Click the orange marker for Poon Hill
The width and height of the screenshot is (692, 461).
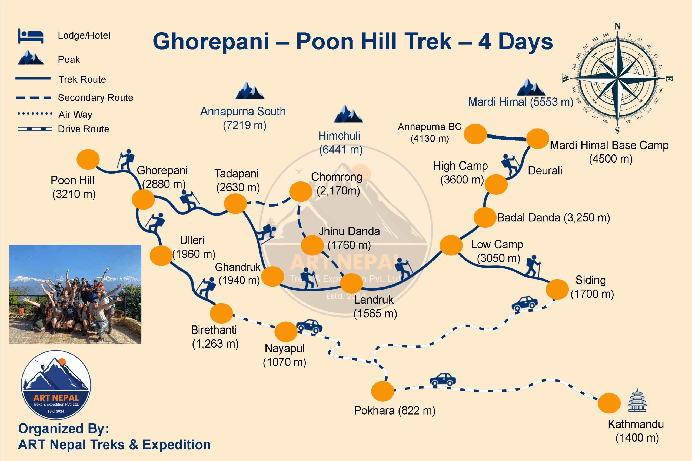[88, 159]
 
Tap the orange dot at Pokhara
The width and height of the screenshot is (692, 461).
[382, 391]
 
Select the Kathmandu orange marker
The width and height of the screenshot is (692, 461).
[609, 403]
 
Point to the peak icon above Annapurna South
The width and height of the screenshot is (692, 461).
[250, 91]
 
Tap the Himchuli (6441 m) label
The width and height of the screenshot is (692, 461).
[340, 143]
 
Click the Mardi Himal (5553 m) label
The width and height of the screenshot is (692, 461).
[520, 102]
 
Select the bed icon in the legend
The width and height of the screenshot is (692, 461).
[31, 36]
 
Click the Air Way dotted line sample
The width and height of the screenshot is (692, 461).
[35, 113]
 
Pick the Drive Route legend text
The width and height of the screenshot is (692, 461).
[83, 129]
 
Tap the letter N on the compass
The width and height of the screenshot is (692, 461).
[617, 26]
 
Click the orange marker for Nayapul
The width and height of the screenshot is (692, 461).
[286, 332]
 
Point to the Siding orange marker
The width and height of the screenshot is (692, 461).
[557, 289]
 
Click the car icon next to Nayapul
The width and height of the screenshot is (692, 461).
[309, 326]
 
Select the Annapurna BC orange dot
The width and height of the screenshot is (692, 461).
[475, 134]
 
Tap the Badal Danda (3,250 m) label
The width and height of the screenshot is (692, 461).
[553, 218]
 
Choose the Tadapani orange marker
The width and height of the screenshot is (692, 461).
[235, 203]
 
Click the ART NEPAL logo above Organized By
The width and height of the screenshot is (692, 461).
[56, 385]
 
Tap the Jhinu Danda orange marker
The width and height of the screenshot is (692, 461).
[312, 245]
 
